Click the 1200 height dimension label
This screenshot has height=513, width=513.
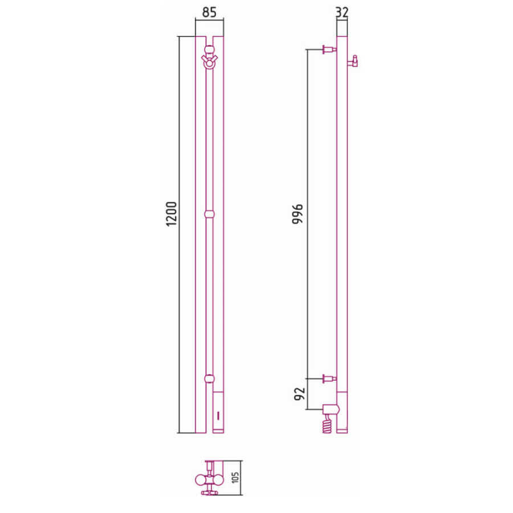click(171, 214)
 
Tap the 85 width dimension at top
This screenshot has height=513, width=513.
click(209, 12)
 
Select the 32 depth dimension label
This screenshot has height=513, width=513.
click(342, 13)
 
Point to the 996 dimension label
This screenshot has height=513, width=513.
click(298, 214)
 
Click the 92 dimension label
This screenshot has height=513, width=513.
click(299, 393)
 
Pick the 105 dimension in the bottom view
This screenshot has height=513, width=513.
click(235, 477)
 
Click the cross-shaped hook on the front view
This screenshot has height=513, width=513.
click(209, 59)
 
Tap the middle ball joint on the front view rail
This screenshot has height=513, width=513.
click(209, 214)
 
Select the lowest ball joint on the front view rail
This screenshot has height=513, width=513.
click(209, 378)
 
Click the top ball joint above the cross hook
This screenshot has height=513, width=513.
click(209, 50)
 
